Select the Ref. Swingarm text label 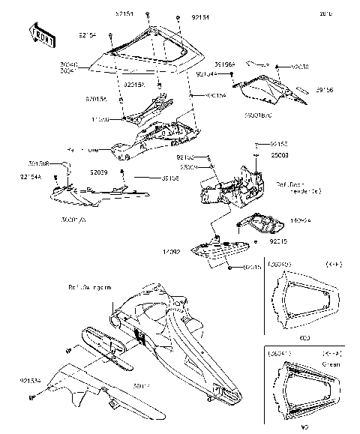[90, 287]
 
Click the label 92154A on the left [30, 176]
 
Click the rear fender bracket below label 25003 [232, 188]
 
